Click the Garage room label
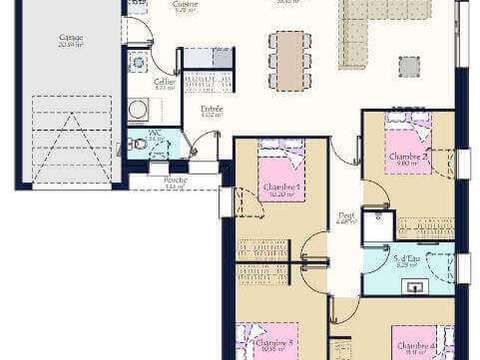coord(71,41)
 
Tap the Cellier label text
coord(164,84)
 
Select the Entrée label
coord(211,110)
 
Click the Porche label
coord(176,183)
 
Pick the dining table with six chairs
coord(290,57)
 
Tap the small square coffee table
coord(409,66)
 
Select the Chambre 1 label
coord(281,189)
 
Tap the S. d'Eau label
coord(407,262)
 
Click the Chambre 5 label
coord(281,345)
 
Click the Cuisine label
coord(184,5)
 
